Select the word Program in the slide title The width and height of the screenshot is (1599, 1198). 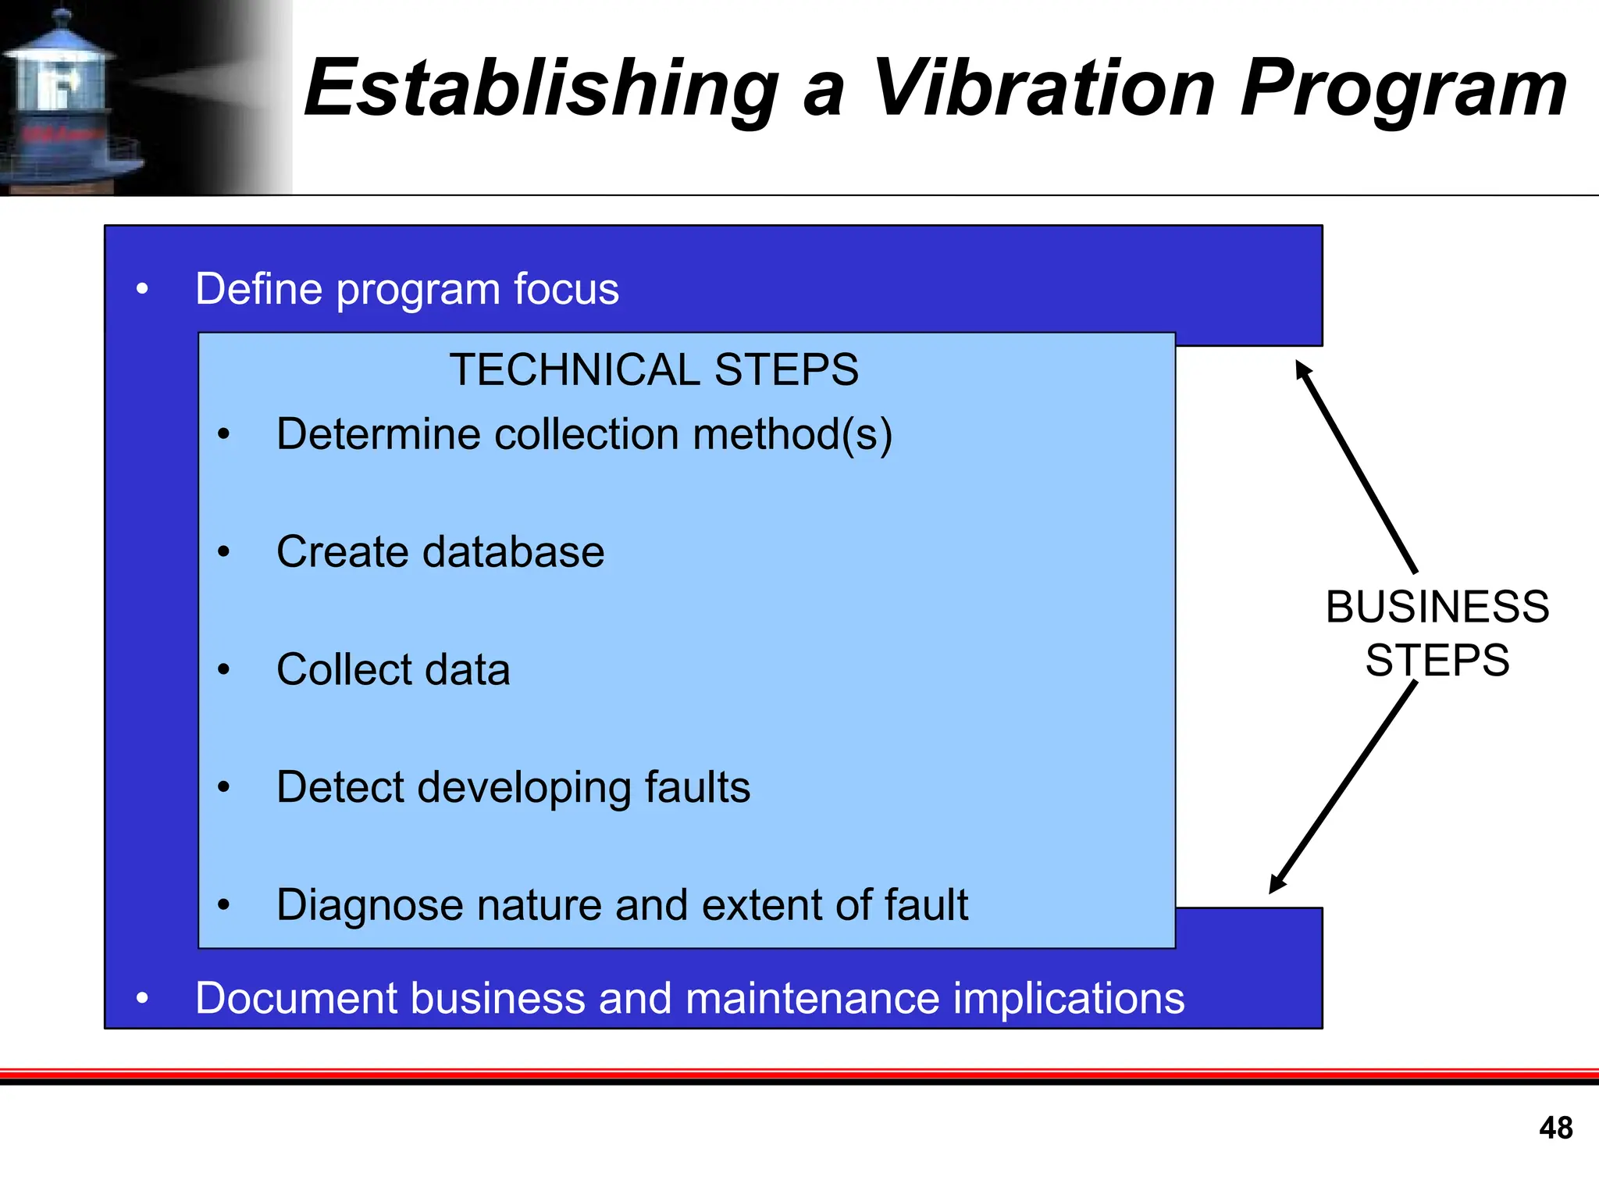point(1403,87)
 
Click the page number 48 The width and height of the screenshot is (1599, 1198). point(1555,1128)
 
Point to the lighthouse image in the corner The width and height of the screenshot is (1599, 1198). point(70,98)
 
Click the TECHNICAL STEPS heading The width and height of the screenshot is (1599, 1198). point(653,369)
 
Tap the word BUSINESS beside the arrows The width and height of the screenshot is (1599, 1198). point(1437,607)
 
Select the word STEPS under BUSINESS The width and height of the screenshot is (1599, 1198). point(1437,660)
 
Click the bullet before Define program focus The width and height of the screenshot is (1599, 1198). point(141,290)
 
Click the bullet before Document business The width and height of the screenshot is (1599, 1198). point(141,998)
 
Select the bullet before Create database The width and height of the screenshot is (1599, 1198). point(224,552)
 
